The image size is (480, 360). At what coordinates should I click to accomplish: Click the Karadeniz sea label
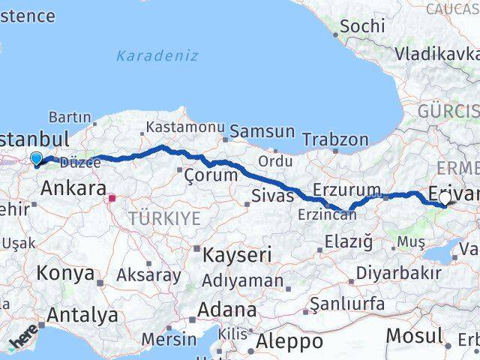[157, 55]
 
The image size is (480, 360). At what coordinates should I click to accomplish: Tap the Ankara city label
[73, 188]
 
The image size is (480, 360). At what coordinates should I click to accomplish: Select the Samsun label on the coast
[262, 131]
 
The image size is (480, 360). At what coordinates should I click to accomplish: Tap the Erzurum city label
[347, 188]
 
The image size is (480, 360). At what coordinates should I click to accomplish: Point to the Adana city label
[226, 309]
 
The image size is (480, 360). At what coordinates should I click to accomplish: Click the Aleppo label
[289, 342]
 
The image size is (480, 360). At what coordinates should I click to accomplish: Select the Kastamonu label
[185, 127]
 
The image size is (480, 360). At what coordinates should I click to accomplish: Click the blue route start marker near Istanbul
[35, 158]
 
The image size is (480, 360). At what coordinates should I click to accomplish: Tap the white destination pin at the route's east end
[445, 199]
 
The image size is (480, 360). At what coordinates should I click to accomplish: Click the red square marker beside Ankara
[112, 199]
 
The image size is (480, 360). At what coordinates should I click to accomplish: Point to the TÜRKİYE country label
[164, 218]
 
